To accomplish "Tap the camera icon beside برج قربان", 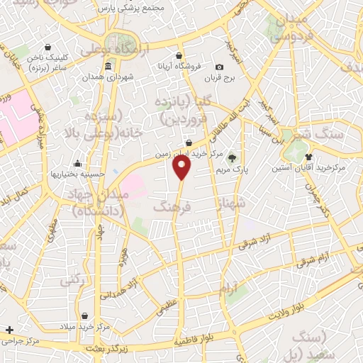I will click(219, 67).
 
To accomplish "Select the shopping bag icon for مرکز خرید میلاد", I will click(85, 316).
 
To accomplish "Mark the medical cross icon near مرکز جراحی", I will click(9, 330).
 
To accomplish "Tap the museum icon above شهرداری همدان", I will click(108, 67).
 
